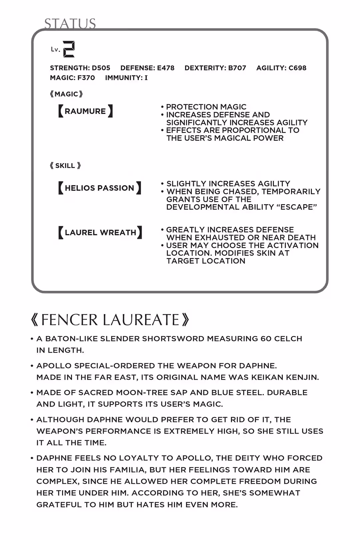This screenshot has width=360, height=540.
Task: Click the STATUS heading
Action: point(70,23)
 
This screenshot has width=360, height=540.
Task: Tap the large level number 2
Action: point(69,49)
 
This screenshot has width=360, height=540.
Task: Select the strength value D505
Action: point(101,68)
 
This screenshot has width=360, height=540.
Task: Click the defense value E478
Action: point(166,68)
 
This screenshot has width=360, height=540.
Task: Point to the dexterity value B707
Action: point(237,68)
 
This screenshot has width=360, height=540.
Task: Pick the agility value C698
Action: point(297,68)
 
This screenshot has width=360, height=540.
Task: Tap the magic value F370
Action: point(86,78)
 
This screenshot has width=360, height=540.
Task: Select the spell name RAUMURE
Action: point(85,111)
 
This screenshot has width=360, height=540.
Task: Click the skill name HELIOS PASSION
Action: point(99,188)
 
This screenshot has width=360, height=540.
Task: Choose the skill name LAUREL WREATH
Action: point(100,232)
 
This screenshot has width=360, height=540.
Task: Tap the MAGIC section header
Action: point(66,94)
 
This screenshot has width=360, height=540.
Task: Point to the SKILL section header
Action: point(65,166)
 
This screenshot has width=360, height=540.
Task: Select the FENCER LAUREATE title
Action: point(110,320)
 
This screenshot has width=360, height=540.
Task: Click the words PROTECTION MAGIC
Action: point(206,107)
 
